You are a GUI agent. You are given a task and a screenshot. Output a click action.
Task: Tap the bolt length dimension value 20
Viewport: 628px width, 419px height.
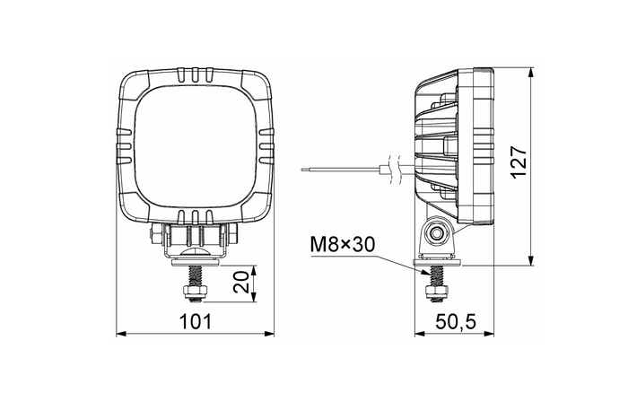240,284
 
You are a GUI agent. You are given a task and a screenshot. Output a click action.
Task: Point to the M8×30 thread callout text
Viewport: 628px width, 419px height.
341,244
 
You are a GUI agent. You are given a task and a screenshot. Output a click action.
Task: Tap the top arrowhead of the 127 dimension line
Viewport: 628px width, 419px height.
532,70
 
